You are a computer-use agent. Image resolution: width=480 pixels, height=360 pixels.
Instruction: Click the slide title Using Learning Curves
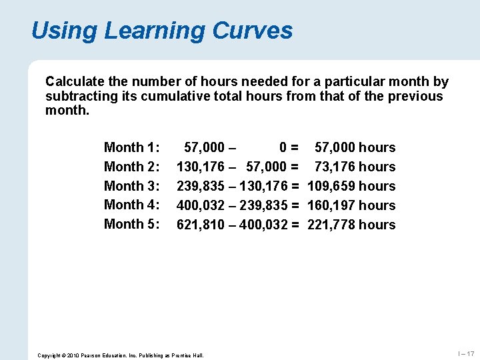[x=161, y=31]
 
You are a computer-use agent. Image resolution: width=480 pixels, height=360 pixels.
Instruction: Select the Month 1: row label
[x=132, y=147]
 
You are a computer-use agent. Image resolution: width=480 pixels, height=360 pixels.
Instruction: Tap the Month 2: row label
[x=132, y=167]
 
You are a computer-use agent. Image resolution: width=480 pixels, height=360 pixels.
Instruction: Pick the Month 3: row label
[x=132, y=186]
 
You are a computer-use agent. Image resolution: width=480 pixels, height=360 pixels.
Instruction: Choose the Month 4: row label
[x=132, y=205]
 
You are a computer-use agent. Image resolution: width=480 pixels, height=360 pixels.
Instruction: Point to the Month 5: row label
[x=132, y=224]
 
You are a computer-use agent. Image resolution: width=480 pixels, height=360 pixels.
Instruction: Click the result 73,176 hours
[x=355, y=167]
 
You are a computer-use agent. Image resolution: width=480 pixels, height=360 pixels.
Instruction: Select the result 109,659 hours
[x=351, y=186]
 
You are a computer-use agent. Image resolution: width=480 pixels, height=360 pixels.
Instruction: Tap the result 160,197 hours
[x=351, y=205]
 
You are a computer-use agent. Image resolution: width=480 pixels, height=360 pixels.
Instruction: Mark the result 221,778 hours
[x=351, y=225]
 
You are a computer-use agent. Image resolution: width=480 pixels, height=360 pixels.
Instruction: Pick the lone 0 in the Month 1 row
[x=283, y=147]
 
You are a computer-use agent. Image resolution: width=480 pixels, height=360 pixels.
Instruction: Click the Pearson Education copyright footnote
[x=121, y=355]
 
